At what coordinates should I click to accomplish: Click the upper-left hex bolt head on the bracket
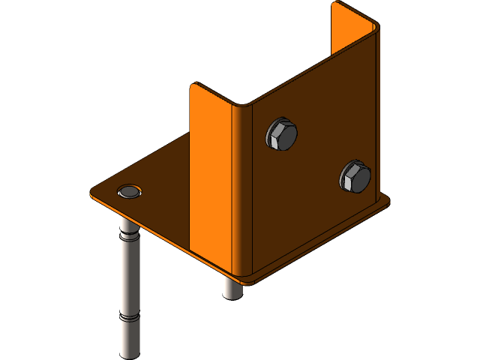(x=281, y=135)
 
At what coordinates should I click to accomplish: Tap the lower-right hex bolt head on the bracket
(x=355, y=177)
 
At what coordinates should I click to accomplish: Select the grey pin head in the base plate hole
(x=130, y=192)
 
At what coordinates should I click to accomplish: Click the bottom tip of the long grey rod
(x=130, y=352)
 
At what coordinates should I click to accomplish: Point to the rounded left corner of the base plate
(x=93, y=193)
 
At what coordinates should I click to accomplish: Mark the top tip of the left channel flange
(x=194, y=85)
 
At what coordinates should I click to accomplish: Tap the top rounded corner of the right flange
(x=373, y=27)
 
